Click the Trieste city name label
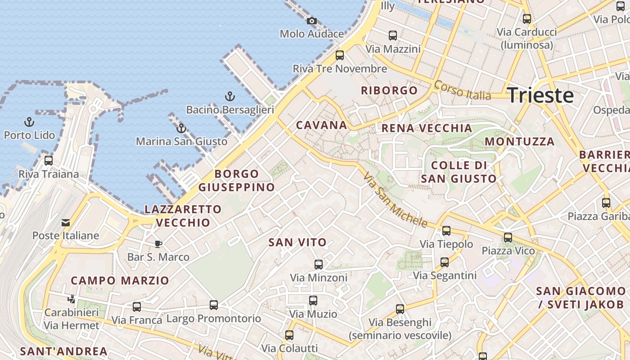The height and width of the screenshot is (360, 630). [x=540, y=95]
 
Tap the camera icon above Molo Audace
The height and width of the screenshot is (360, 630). [x=311, y=21]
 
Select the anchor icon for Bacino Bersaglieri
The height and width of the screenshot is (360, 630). [x=230, y=96]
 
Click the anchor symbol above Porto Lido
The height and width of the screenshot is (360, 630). [x=29, y=122]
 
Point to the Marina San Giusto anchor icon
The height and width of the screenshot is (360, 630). [x=181, y=128]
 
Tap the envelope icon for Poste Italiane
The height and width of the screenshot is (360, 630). [x=66, y=222]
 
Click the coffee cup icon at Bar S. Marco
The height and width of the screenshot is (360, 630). [x=158, y=244]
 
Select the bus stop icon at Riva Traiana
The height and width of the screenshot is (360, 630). [x=48, y=161]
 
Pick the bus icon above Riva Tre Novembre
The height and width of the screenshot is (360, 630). [x=340, y=55]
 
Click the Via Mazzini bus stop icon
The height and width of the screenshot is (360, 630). [x=393, y=36]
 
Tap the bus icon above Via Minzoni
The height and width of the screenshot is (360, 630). [x=319, y=265]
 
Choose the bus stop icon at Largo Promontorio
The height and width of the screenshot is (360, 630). [x=214, y=305]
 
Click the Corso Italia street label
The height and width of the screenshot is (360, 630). [x=462, y=90]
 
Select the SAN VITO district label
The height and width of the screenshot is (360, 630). [x=297, y=243]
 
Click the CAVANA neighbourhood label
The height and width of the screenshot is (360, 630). [x=321, y=125]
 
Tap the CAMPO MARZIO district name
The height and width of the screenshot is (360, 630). [x=120, y=281]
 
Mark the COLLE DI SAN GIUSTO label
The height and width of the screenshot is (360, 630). [x=459, y=172]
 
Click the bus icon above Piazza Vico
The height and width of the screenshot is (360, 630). [x=508, y=238]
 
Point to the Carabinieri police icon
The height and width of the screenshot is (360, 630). [x=71, y=299]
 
